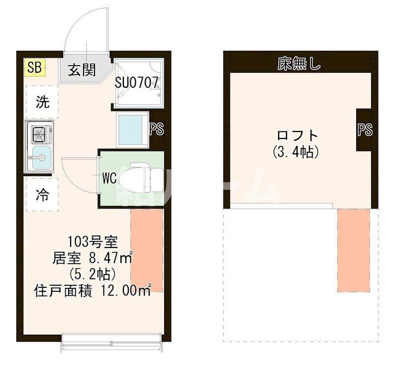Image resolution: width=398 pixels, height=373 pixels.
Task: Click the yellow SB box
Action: point(35,67)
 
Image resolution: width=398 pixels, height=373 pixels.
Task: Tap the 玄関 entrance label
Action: point(82,70)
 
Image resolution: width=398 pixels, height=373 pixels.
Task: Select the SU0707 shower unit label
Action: point(137,82)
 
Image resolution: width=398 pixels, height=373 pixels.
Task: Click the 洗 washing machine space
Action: point(42,102)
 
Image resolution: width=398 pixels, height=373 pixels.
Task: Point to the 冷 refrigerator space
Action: point(42,195)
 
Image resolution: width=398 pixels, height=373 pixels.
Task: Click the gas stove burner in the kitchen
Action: point(39,134)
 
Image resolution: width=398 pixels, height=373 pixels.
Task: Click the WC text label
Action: point(109,178)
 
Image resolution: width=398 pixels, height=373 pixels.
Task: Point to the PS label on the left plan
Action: point(157,129)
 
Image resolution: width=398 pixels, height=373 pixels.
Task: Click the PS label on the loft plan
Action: point(365,129)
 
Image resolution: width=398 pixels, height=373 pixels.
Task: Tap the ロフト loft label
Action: point(298,135)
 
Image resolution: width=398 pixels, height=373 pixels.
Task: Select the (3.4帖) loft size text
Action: point(296,152)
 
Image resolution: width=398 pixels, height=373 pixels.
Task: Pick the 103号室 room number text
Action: point(93,242)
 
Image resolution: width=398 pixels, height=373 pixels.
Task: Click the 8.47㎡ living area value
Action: point(110,258)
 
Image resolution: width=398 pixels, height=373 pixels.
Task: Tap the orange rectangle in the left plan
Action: point(147,250)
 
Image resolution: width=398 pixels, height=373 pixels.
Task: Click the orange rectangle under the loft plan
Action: point(354,250)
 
